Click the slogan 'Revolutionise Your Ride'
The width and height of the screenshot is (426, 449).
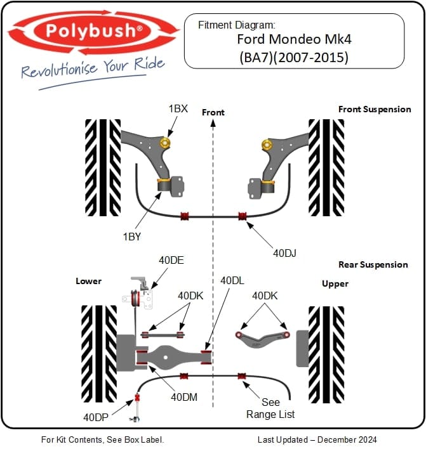coord(93,68)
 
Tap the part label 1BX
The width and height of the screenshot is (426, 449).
coord(178,108)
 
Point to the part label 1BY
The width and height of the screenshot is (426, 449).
coord(132,237)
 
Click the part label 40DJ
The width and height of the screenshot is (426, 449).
coord(285,252)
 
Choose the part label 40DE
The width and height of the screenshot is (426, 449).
coord(171,259)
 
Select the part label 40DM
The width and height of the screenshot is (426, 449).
coord(184,396)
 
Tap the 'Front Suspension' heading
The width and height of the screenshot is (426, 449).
coord(375,109)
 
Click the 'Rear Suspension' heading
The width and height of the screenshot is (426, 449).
coord(373,264)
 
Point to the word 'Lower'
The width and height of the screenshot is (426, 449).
coord(89,281)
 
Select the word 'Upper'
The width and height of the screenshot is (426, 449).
coord(335,283)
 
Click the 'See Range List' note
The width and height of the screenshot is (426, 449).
coord(270,408)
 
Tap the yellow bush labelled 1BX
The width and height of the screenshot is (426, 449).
coord(167,143)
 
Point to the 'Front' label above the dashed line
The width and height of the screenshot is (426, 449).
coord(213,112)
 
